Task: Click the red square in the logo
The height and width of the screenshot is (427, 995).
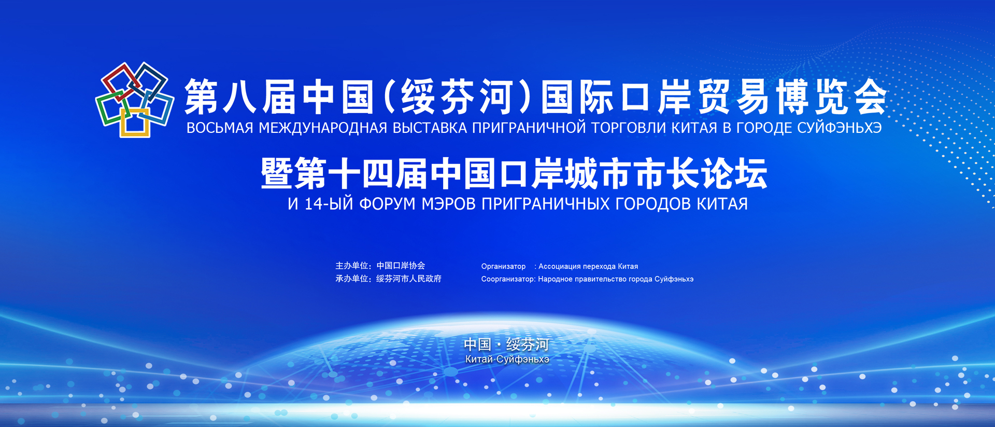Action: pyautogui.click(x=110, y=75)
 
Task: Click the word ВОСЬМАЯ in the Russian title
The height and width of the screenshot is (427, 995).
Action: pyautogui.click(x=220, y=128)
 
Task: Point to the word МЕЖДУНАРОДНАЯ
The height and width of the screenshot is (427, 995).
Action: pyautogui.click(x=323, y=128)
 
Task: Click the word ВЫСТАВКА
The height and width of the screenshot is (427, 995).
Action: pyautogui.click(x=430, y=128)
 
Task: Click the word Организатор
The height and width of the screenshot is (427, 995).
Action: pyautogui.click(x=503, y=266)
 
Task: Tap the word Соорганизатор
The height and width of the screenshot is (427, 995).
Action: pyautogui.click(x=508, y=279)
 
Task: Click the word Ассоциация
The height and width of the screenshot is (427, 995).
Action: pyautogui.click(x=560, y=266)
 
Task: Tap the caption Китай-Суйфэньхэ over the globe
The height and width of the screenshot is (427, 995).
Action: pyautogui.click(x=507, y=359)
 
